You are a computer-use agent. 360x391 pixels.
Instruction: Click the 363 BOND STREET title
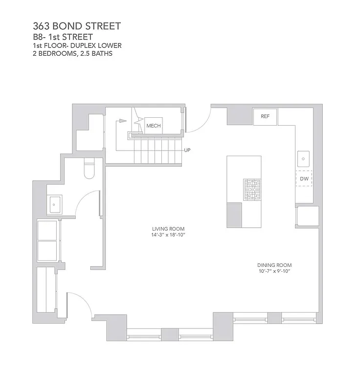76,26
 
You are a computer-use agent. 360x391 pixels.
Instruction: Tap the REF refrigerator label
265,117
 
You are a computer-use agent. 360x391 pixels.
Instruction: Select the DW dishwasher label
304,178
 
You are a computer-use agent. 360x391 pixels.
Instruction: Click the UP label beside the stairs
187,150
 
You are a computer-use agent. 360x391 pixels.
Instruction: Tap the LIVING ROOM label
168,229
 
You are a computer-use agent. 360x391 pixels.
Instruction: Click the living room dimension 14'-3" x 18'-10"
168,235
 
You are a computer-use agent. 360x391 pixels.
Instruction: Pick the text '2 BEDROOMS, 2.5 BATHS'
72,54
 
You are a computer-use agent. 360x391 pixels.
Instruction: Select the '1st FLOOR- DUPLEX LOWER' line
77,46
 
